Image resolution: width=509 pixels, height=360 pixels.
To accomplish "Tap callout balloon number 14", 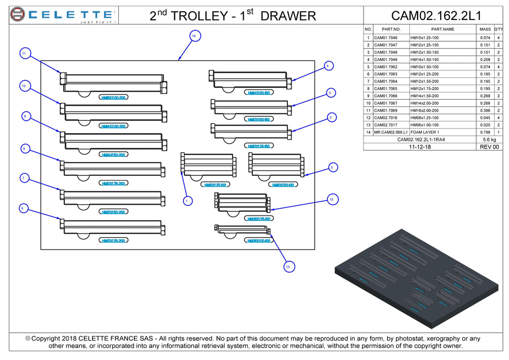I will tap(193, 36).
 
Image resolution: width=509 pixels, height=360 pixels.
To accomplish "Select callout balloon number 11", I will tap(24, 53).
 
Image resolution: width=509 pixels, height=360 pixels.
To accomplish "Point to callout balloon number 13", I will tap(287, 266).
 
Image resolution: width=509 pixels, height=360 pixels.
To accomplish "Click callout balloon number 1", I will tap(187, 200).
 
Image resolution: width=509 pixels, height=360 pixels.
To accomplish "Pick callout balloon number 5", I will tap(332, 167).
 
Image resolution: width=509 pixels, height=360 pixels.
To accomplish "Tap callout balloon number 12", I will tap(332, 199).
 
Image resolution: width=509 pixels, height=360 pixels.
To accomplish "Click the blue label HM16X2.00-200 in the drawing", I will tap(114, 97).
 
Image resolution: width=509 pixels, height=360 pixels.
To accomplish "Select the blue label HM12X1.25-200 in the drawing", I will tap(114, 241).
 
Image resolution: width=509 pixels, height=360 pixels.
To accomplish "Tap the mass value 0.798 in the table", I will tap(485, 132).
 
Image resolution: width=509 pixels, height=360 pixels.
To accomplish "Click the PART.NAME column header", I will tap(443, 29).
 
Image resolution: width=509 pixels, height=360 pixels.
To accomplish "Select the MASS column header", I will tap(485, 29).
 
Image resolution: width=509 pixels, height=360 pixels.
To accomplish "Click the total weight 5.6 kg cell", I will tap(489, 139).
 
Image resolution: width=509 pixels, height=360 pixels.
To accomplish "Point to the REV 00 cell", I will tap(489, 147).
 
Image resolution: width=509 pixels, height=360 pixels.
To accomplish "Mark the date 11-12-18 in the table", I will tap(420, 147).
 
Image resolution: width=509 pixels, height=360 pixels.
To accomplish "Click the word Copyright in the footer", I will tap(47, 338).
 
